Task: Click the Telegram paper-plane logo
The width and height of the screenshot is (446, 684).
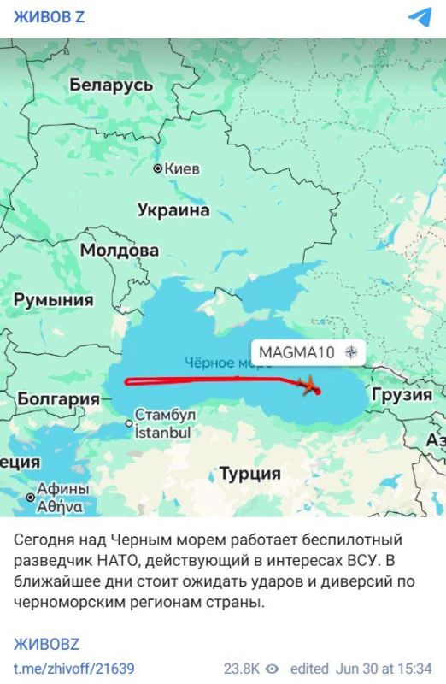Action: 420,18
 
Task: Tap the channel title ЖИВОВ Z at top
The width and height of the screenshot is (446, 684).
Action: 48,18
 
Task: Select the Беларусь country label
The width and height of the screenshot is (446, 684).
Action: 111,85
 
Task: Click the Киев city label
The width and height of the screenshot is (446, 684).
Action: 181,168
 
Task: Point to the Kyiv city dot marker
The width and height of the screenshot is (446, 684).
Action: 157,168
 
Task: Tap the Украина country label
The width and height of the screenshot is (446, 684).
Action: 173,209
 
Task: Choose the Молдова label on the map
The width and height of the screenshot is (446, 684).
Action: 119,250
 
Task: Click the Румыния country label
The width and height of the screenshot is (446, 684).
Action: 53,299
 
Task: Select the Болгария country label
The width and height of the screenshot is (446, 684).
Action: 58,398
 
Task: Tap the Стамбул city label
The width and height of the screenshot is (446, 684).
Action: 166,415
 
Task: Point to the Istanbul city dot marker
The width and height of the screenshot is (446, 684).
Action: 130,422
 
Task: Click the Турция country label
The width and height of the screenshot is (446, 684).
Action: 249,473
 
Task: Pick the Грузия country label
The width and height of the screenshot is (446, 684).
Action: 401,394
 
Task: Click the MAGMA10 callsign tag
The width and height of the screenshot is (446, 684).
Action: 297,351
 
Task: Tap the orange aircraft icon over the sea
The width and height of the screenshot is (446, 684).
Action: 308,384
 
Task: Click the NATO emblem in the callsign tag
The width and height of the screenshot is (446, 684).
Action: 350,351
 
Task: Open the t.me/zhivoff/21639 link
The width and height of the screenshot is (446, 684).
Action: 73,668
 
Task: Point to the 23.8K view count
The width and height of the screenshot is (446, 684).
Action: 243,668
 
